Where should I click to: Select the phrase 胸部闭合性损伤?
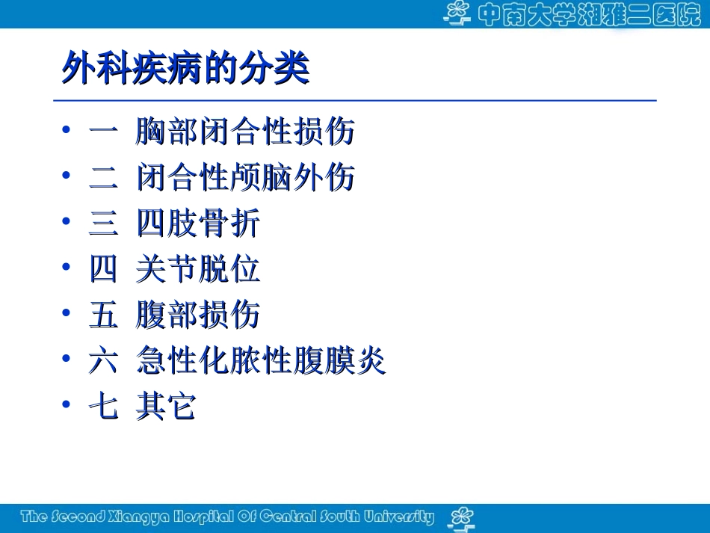pos(245,132)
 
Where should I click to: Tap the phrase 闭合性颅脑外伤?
pos(245,178)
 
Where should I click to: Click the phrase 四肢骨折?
pos(198,224)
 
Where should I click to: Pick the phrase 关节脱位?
pos(198,269)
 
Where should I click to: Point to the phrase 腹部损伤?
pos(198,315)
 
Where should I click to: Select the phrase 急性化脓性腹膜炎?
pos(261,361)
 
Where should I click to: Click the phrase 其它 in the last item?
pos(166,407)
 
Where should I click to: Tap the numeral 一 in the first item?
pos(103,132)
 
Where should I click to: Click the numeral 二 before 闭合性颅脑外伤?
pos(103,178)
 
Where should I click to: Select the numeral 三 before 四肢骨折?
pos(103,224)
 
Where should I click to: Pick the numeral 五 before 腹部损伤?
pos(103,315)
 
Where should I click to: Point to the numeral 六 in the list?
pos(103,361)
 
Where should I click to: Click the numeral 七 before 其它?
pos(103,407)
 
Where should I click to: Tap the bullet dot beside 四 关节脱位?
pos(67,268)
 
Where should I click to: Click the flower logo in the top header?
pos(457,13)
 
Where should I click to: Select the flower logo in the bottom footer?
pos(461,517)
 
